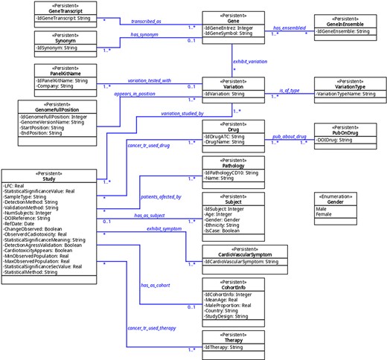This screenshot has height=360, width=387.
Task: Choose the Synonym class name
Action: click(x=64, y=41)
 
